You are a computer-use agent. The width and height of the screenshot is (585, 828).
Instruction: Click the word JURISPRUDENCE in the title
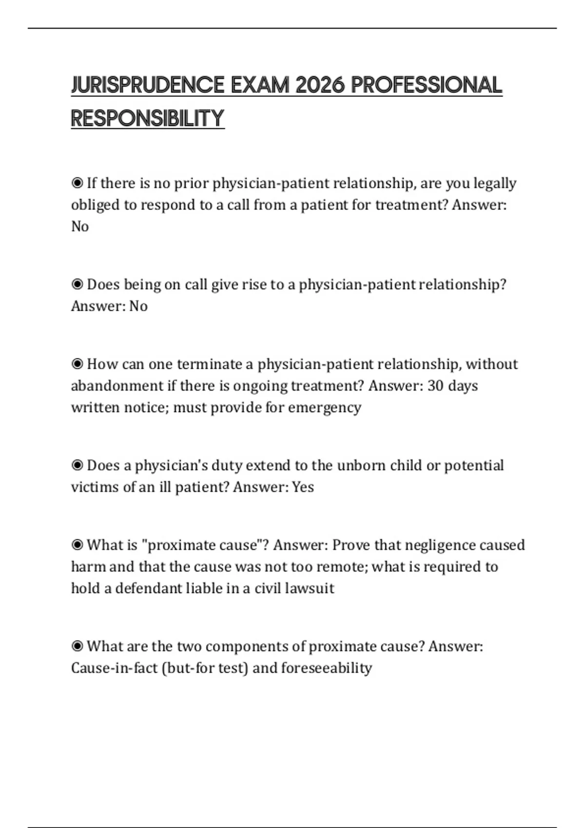click(148, 85)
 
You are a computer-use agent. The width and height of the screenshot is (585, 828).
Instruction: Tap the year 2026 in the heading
click(320, 85)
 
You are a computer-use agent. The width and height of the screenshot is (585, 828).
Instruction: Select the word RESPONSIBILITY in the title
click(148, 118)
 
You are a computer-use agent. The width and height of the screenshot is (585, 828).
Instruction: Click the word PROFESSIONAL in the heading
click(426, 85)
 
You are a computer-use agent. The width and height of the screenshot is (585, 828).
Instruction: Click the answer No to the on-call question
click(138, 306)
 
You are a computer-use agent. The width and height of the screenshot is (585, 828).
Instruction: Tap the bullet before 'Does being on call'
click(77, 284)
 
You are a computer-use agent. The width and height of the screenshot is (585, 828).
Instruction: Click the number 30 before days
click(435, 386)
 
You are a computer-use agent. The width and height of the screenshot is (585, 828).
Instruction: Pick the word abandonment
click(117, 386)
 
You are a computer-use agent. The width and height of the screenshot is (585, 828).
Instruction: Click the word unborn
click(360, 465)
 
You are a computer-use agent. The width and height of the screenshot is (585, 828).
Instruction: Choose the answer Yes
click(303, 487)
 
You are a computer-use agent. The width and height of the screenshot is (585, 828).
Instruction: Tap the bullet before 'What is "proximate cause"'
click(77, 545)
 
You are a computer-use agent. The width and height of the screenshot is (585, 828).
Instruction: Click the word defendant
click(150, 588)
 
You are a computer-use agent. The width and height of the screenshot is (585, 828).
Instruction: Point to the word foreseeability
click(326, 668)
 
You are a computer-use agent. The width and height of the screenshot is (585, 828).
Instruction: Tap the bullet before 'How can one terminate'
click(77, 364)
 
